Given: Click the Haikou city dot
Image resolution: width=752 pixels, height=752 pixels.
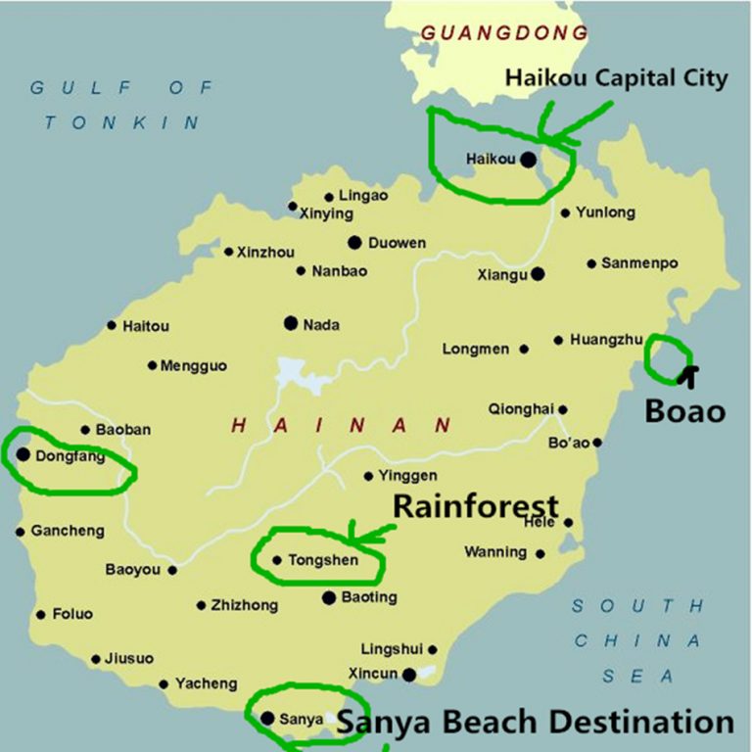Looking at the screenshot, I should [528, 159].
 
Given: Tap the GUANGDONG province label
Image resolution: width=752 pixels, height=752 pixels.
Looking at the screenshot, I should [504, 33].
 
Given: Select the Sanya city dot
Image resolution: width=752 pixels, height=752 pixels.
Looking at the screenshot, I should [268, 718].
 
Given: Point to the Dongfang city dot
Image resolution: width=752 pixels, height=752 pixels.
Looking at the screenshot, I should [23, 453].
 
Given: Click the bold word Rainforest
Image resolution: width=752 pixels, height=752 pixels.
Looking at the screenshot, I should [476, 506].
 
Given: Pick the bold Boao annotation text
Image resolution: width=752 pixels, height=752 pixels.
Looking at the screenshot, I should [684, 410].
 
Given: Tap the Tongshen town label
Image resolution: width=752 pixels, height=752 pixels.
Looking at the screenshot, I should [323, 561].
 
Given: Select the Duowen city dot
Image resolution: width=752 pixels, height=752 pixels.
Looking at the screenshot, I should [354, 242].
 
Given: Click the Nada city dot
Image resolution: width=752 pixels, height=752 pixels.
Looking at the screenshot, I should [291, 322].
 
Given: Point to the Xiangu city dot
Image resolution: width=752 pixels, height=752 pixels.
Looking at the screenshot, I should [537, 274].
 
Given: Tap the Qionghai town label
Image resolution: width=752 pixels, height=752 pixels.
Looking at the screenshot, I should [521, 409].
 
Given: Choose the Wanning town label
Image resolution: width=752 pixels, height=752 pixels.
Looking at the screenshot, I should [494, 552].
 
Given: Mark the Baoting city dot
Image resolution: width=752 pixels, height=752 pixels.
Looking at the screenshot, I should [329, 596].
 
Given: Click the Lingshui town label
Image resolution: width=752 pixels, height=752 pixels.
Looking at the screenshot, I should [392, 649].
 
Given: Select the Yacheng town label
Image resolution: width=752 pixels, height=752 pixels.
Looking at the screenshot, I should [206, 683].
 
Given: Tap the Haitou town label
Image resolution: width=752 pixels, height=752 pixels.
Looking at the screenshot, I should [145, 326].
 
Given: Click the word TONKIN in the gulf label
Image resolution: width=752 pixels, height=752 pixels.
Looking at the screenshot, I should [122, 123].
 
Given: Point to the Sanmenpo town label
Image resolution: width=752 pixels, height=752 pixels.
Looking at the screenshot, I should [639, 263].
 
